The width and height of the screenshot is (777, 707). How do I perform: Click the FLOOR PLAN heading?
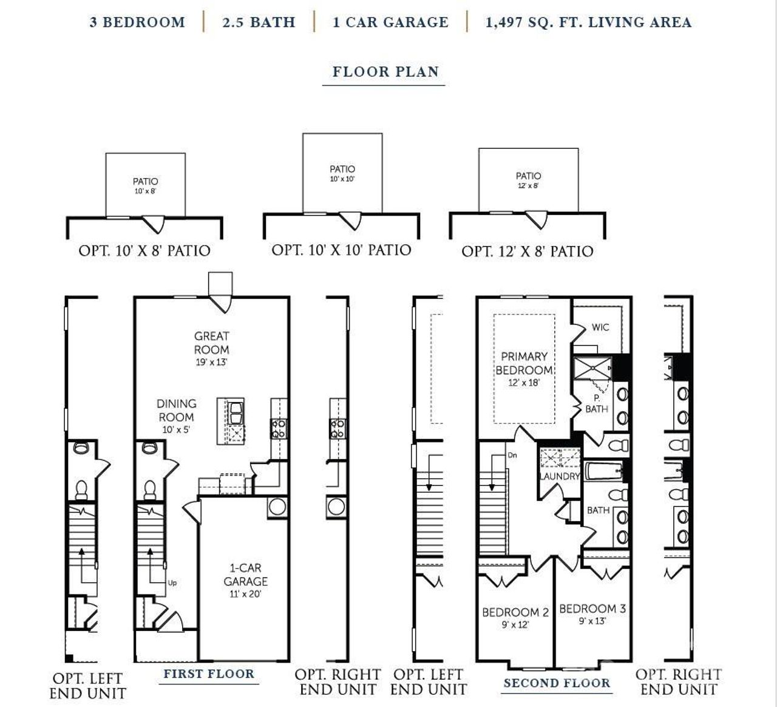(x=385, y=72)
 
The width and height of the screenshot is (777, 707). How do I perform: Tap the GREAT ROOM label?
(x=212, y=343)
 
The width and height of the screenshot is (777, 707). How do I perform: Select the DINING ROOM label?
(x=177, y=411)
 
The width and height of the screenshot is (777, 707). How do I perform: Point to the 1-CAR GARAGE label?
(x=245, y=575)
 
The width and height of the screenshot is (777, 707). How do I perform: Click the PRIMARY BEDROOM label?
(x=524, y=363)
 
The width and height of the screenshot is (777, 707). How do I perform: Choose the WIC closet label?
(x=600, y=327)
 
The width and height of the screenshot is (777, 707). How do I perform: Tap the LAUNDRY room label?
(x=560, y=476)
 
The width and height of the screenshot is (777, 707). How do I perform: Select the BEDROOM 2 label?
(x=515, y=612)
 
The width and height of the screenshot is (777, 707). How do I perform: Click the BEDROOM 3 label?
(x=592, y=609)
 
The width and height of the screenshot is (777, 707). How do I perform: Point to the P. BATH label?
(x=597, y=404)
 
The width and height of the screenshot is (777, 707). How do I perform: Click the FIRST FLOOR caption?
(x=209, y=674)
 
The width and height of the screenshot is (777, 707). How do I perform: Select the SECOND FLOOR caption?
(x=557, y=683)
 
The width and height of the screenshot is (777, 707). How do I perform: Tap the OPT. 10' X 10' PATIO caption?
(x=341, y=250)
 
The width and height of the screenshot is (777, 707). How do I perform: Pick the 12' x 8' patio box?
(x=528, y=180)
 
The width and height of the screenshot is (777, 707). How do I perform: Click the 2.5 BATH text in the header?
(x=259, y=22)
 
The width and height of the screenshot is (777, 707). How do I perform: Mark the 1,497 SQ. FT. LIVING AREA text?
(x=588, y=22)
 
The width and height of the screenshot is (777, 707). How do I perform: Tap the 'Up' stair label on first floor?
(x=172, y=583)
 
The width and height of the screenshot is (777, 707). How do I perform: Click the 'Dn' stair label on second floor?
(x=512, y=455)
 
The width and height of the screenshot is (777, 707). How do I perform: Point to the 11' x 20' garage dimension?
(x=245, y=594)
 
